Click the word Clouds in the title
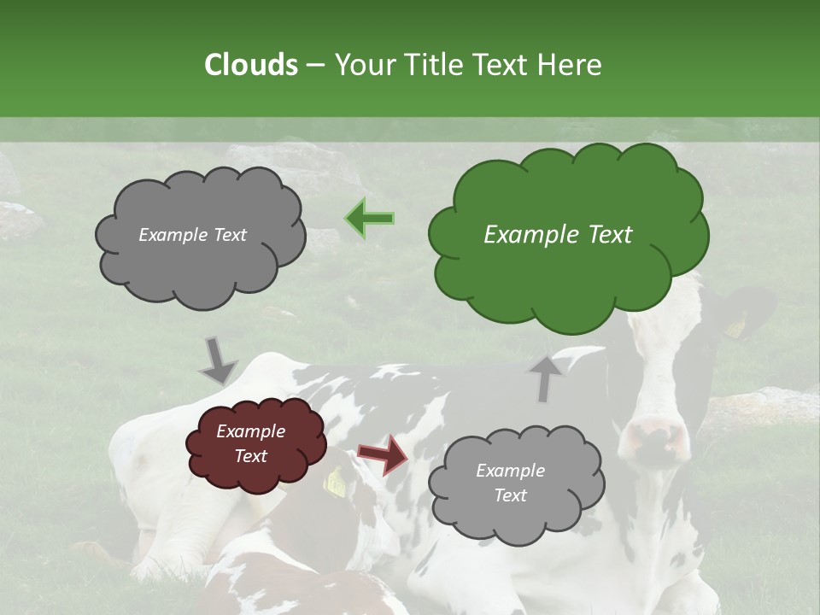tap(250, 65)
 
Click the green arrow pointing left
tap(370, 219)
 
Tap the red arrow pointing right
tap(383, 454)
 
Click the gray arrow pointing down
tap(218, 361)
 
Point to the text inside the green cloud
tap(558, 235)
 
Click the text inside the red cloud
tap(250, 444)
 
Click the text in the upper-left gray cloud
tap(192, 235)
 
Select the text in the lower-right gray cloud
tap(510, 483)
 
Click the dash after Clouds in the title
tap(314, 65)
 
